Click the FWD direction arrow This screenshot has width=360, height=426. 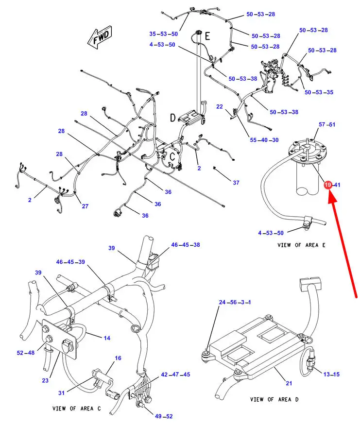pyautogui.click(x=100, y=38)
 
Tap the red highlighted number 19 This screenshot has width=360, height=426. pyautogui.click(x=328, y=185)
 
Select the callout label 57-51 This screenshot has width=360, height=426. pyautogui.click(x=327, y=125)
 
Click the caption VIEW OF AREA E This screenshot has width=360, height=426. pyautogui.click(x=301, y=245)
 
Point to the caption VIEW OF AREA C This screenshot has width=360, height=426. pyautogui.click(x=76, y=409)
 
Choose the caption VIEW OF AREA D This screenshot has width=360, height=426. pyautogui.click(x=271, y=399)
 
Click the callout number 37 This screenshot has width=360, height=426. pyautogui.click(x=236, y=183)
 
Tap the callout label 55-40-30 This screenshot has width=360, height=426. pyautogui.click(x=264, y=140)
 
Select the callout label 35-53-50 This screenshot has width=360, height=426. pyautogui.click(x=164, y=34)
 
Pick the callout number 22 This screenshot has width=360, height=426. pyautogui.click(x=220, y=106)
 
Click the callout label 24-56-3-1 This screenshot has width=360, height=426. pyautogui.click(x=235, y=303)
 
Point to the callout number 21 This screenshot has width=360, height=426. pyautogui.click(x=289, y=384)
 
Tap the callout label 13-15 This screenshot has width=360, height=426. pyautogui.click(x=332, y=374)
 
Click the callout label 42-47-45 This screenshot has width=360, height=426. pyautogui.click(x=176, y=375)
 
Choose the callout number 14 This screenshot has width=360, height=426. pyautogui.click(x=107, y=337)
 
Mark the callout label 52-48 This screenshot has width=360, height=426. pyautogui.click(x=27, y=353)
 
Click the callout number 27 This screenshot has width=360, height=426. pyautogui.click(x=85, y=206)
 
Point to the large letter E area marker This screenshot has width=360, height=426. pyautogui.click(x=206, y=35)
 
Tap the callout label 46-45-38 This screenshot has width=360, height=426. pyautogui.click(x=185, y=245)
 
